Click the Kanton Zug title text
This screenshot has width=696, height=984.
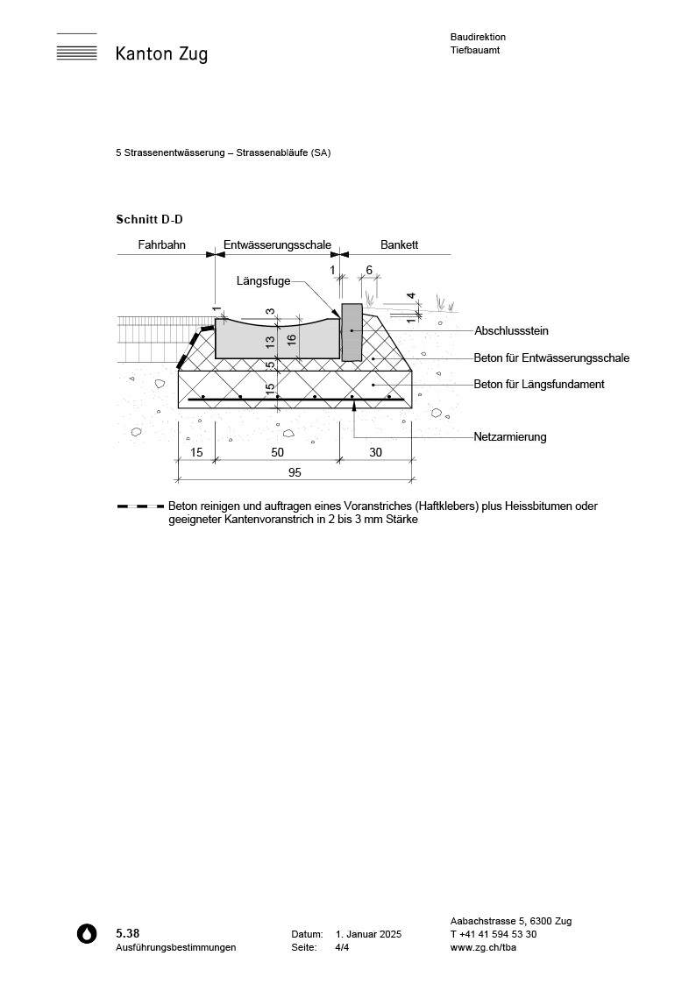pos(161,54)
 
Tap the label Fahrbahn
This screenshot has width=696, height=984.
pos(161,245)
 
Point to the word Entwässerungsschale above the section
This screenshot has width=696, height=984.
pos(278,245)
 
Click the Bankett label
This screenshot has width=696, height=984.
pos(399,245)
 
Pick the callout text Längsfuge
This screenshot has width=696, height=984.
pos(263,281)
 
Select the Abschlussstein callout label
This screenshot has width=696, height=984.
pos(511,331)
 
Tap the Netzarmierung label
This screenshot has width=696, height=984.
pos(509,436)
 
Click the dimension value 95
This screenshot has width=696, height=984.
pos(295,472)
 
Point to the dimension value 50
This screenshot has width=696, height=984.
pos(277,452)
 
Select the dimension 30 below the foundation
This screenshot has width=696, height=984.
pos(375,452)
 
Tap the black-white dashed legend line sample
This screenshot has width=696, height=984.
pos(140,506)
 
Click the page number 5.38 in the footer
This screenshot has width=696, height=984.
pos(127,933)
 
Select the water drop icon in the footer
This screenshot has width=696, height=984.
pos(87,934)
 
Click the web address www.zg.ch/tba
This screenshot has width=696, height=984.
pos(483,947)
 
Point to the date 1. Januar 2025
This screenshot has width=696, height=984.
pos(368,934)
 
